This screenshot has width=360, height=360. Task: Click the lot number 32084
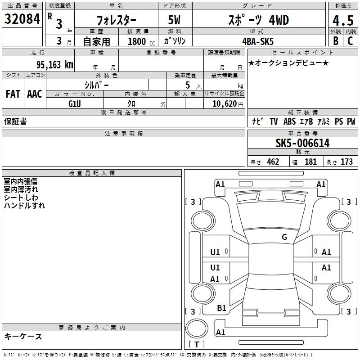point(22,19)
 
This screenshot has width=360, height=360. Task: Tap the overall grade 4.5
point(343,20)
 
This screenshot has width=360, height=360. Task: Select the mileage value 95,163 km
point(55,65)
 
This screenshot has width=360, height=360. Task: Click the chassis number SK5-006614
point(302,143)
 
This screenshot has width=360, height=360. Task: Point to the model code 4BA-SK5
point(258,41)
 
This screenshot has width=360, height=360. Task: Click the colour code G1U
point(75,104)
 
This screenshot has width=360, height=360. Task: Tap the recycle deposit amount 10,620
point(225,104)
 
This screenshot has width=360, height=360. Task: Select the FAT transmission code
point(13,94)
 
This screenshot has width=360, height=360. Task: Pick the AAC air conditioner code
point(35,94)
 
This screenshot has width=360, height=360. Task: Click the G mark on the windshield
point(284,237)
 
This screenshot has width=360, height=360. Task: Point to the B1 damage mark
point(221,308)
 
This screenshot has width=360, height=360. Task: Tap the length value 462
point(273,162)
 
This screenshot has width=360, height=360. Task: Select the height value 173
point(346,162)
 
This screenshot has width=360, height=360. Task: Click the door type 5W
point(174,20)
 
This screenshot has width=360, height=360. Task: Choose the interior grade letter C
point(350,41)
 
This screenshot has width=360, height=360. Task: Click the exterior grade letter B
point(336,41)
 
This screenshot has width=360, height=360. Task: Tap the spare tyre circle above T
point(197,328)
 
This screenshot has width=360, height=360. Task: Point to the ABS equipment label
point(289,121)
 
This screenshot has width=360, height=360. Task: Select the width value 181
point(310,162)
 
